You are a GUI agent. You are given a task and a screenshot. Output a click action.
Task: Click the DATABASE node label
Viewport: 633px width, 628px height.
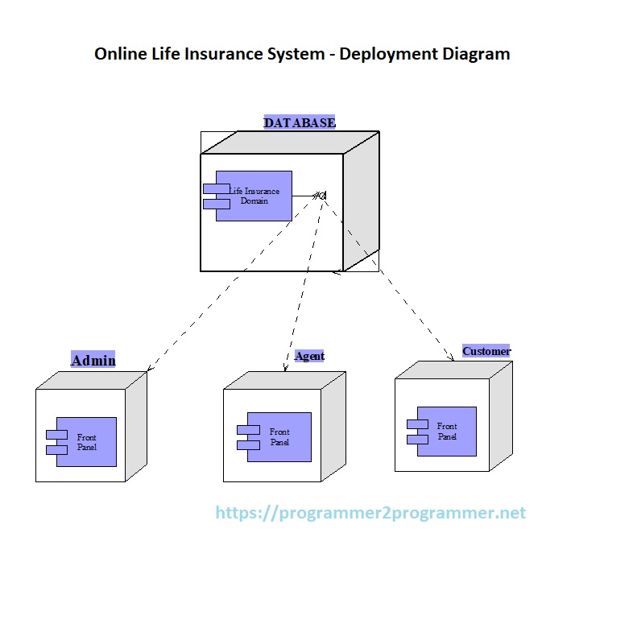coord(300,122)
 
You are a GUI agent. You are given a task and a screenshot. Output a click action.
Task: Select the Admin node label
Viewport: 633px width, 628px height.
coord(93,360)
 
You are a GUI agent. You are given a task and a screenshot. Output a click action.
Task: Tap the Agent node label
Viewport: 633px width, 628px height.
coord(309,356)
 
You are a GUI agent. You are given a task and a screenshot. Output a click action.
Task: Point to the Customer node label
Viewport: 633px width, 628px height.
coord(486,351)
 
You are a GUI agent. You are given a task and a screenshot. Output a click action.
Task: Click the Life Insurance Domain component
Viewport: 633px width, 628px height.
coord(253,196)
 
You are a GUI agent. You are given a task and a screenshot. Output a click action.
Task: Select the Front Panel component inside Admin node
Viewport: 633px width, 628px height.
coord(85,442)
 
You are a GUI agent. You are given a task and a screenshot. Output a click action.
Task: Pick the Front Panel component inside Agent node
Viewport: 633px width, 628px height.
coord(278,437)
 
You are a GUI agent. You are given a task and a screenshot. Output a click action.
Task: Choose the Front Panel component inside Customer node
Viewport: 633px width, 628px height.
coord(446,432)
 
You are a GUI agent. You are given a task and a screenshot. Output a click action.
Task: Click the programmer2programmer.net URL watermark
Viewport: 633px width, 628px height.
coord(370,513)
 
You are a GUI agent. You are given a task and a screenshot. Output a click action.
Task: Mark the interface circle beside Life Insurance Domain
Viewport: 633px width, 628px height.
coord(322,194)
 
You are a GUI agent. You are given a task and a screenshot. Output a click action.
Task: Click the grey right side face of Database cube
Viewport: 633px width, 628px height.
coord(362,201)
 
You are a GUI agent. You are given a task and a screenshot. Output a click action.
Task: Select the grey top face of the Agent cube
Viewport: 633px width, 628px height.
coord(285,381)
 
